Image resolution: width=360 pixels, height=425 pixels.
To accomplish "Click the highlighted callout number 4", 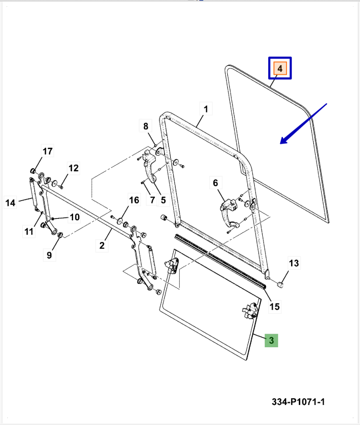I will pyautogui.click(x=280, y=68).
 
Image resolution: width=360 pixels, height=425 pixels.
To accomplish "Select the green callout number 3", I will pyautogui.click(x=272, y=340).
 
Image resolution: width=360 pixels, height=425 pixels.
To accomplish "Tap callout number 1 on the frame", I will pyautogui.click(x=205, y=109).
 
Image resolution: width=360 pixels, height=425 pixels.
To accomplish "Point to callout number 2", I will pyautogui.click(x=102, y=245).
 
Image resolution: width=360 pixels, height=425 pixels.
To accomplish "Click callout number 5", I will pyautogui.click(x=162, y=199).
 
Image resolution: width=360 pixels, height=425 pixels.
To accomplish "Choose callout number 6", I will pyautogui.click(x=215, y=183).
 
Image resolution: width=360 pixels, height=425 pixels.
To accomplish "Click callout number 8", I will pyautogui.click(x=145, y=126).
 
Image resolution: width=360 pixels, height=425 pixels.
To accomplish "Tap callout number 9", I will pyautogui.click(x=49, y=255).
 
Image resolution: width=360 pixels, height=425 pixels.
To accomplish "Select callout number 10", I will pyautogui.click(x=74, y=218).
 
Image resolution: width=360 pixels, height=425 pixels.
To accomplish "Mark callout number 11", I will pyautogui.click(x=28, y=232).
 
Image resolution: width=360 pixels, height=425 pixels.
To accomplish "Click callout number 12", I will pyautogui.click(x=74, y=168).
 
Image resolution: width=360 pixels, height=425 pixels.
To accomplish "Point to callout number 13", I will pyautogui.click(x=294, y=263).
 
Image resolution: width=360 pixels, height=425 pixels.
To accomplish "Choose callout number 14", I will pyautogui.click(x=10, y=203).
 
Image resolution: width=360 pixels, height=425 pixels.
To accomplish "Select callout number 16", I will pyautogui.click(x=134, y=200).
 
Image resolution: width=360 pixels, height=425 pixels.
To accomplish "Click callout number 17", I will pyautogui.click(x=47, y=151).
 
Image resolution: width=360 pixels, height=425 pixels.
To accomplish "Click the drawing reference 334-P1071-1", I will pyautogui.click(x=299, y=402).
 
